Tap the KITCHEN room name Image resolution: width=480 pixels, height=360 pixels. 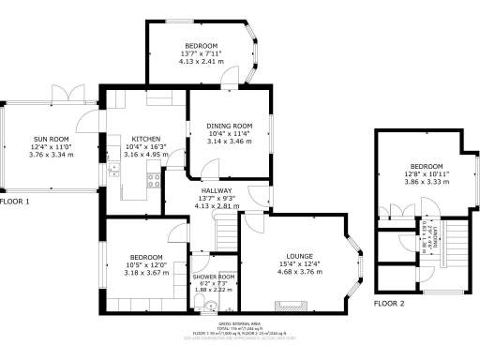145,139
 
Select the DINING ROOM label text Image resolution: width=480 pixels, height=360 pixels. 231,126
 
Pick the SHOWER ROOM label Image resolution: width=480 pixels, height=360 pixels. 213,277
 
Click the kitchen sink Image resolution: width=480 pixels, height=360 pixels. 113,171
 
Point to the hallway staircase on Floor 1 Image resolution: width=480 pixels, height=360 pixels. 225,231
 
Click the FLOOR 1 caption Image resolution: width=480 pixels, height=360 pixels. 15,202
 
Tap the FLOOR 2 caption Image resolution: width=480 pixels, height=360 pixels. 389,304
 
